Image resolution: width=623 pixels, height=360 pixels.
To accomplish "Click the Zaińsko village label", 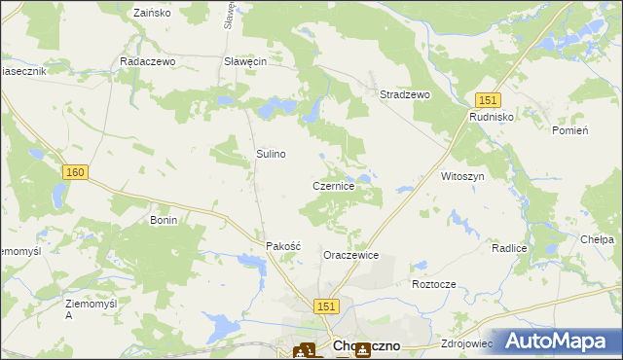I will [x=151, y=14].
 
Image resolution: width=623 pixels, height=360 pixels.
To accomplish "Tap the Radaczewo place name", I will [x=146, y=60].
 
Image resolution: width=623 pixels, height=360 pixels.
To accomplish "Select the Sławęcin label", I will [x=245, y=60].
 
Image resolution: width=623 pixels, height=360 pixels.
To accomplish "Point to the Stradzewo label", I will [x=405, y=94].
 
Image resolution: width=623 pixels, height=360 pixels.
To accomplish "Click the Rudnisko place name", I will [x=491, y=116].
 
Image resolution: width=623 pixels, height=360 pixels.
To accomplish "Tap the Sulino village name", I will [x=271, y=154].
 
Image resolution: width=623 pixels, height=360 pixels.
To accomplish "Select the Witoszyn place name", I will [x=462, y=176].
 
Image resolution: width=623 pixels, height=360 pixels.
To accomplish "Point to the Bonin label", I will [x=163, y=220].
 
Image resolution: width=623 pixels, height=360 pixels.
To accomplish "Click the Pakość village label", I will [x=284, y=246].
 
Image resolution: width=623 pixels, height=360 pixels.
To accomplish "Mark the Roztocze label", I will [x=434, y=284].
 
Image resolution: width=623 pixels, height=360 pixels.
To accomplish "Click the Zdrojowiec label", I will [x=467, y=343].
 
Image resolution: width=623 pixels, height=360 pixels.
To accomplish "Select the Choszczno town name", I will [x=369, y=344].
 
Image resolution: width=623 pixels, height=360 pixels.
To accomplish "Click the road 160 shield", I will [x=75, y=172].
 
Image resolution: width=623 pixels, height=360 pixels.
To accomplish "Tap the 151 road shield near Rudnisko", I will [x=488, y=99].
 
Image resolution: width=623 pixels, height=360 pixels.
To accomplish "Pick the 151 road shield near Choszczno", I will [x=327, y=306].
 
